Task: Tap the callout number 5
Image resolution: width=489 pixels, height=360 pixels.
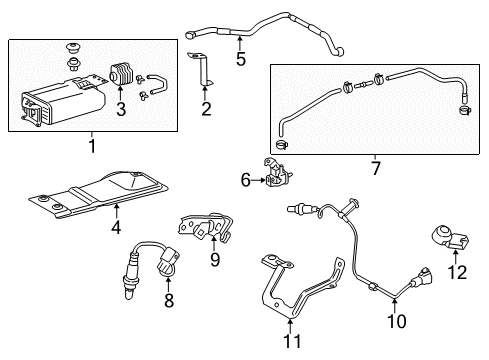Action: click(241, 58)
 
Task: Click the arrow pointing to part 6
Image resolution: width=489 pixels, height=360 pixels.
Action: click(258, 181)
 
